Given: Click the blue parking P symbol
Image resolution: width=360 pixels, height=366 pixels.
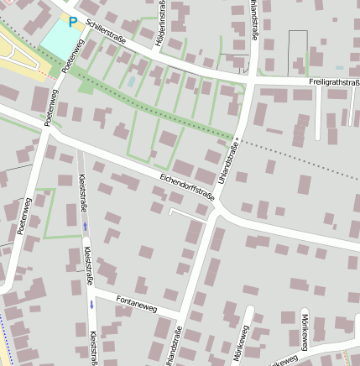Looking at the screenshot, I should (x=72, y=22).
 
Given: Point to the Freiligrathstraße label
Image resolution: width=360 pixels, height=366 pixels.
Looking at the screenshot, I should (x=334, y=82).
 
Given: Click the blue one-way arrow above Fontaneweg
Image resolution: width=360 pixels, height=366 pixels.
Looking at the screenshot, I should (x=85, y=226).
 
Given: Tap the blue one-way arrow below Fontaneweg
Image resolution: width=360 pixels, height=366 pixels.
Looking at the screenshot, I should (x=91, y=303).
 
